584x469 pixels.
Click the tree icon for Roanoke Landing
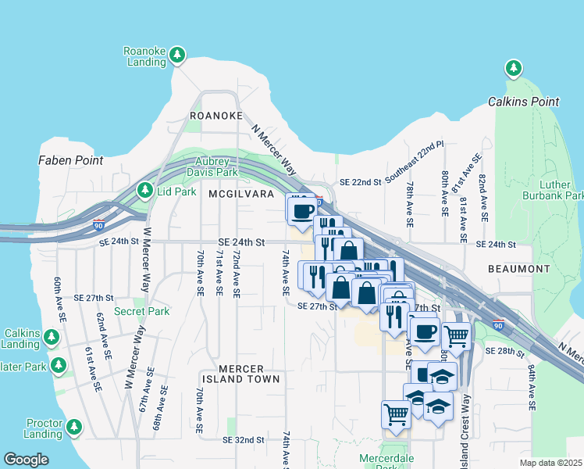(x=178, y=54)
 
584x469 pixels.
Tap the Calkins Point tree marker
(x=514, y=69)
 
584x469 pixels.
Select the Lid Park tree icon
(x=144, y=190)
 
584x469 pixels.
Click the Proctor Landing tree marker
(x=74, y=427)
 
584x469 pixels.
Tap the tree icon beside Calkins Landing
(x=52, y=337)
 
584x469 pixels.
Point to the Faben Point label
(x=70, y=160)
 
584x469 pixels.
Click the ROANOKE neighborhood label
(x=216, y=116)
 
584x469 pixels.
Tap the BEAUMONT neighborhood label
(x=519, y=269)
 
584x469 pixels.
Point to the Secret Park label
(x=141, y=311)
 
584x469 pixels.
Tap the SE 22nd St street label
(x=360, y=182)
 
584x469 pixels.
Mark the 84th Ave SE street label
(x=531, y=387)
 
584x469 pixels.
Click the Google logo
(x=26, y=460)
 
